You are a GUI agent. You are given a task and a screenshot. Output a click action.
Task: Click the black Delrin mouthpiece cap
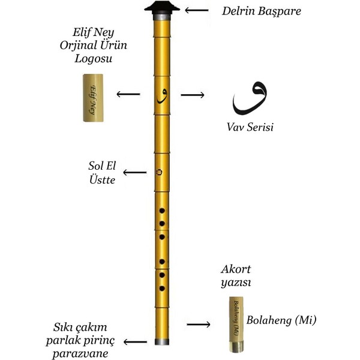tap(162, 8)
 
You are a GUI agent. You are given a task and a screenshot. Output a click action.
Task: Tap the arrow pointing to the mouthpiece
tap(197, 10)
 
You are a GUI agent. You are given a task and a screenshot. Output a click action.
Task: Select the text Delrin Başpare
tap(262, 11)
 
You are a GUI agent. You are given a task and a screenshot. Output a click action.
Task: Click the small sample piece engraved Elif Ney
tap(93, 98)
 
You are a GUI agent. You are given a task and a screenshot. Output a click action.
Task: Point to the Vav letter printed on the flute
tap(162, 96)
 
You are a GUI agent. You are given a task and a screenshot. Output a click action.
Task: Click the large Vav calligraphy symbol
tap(250, 98)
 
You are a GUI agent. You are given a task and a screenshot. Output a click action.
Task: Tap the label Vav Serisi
tap(250, 127)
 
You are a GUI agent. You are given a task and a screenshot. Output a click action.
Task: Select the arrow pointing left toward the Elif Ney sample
tap(128, 94)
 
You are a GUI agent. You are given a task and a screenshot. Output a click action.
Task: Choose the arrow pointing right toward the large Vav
tap(193, 95)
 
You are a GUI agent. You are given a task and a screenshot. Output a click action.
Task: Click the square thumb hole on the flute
tap(159, 172)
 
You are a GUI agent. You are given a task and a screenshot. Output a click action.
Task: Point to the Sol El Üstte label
tap(102, 173)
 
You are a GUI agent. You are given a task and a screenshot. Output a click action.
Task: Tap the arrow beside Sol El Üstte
tap(135, 172)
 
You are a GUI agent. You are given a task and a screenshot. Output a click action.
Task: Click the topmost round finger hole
tap(162, 211)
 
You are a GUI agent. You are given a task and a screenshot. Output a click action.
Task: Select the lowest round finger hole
tap(162, 289)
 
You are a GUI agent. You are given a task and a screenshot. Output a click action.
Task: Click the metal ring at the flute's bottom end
tap(162, 341)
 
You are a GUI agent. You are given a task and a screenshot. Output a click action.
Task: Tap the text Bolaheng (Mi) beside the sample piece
tap(281, 320)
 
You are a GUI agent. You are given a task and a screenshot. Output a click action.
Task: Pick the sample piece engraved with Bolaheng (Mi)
tap(236, 325)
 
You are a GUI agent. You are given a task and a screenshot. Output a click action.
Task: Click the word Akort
tap(236, 269)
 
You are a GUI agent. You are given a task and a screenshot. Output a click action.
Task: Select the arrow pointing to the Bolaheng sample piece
tap(199, 324)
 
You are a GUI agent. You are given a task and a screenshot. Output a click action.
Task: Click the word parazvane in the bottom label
tap(80, 354)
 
